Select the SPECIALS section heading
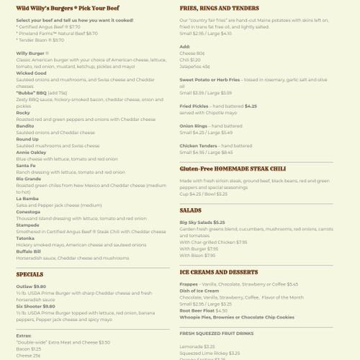click(30, 274)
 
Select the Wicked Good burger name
click(31, 73)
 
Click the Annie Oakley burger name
click(32, 152)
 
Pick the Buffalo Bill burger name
click(30, 251)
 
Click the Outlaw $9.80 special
click(30, 287)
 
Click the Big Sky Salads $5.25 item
click(202, 222)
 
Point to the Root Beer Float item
click(199, 310)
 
